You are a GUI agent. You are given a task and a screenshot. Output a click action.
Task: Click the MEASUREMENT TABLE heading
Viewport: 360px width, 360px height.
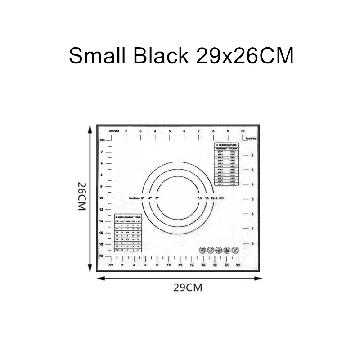click(129, 217)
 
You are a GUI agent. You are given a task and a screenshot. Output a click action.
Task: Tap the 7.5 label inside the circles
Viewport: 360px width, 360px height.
click(199, 198)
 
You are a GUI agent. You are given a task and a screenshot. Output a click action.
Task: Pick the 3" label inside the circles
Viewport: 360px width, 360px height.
click(157, 198)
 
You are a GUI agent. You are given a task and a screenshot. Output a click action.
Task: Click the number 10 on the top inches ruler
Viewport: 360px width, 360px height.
click(243, 131)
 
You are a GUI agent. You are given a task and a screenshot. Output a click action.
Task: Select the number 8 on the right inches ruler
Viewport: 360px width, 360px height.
click(252, 243)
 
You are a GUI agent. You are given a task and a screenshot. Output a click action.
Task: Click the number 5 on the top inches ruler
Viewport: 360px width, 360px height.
click(170, 131)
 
